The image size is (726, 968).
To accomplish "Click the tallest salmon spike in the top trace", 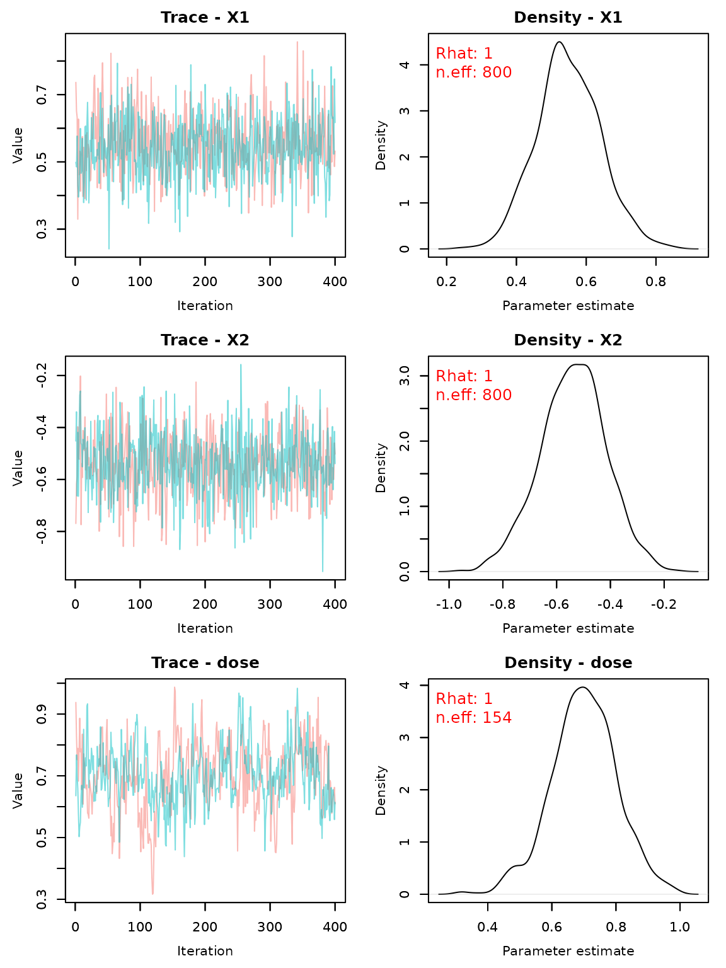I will (297, 43).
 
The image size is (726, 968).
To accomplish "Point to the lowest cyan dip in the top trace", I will (108, 247).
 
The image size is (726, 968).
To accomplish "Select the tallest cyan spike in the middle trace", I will (241, 366).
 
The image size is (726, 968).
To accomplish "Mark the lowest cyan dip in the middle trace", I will (323, 570).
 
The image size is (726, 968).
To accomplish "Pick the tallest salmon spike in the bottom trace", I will (175, 688).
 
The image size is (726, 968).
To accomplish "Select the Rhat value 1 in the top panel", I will (488, 54).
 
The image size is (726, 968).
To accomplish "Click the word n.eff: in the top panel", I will (456, 73).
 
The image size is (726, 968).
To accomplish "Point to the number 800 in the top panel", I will (497, 73).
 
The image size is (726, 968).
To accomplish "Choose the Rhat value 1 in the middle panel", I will (488, 377).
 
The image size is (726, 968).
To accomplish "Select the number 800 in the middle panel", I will (497, 396).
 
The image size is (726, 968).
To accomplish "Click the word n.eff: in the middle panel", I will (456, 396).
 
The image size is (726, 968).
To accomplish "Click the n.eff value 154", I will (497, 718).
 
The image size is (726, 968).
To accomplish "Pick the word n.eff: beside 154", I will (456, 718).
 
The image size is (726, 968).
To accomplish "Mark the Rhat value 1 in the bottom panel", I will (488, 700).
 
